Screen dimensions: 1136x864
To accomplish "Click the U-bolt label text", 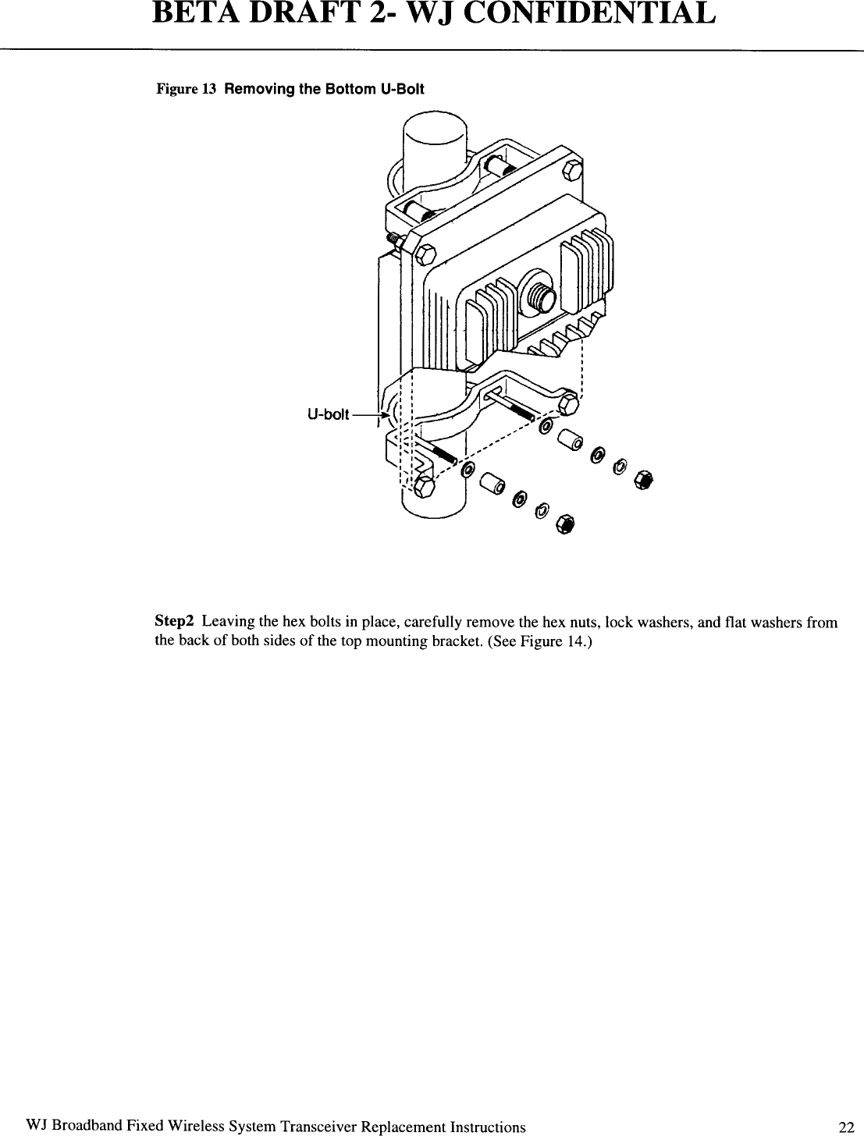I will click(x=329, y=414).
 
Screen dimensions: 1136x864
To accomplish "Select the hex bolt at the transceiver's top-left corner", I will click(x=425, y=254).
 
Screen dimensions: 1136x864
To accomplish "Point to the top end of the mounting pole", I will click(x=434, y=130).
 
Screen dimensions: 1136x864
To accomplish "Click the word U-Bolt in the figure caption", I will click(x=402, y=89).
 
